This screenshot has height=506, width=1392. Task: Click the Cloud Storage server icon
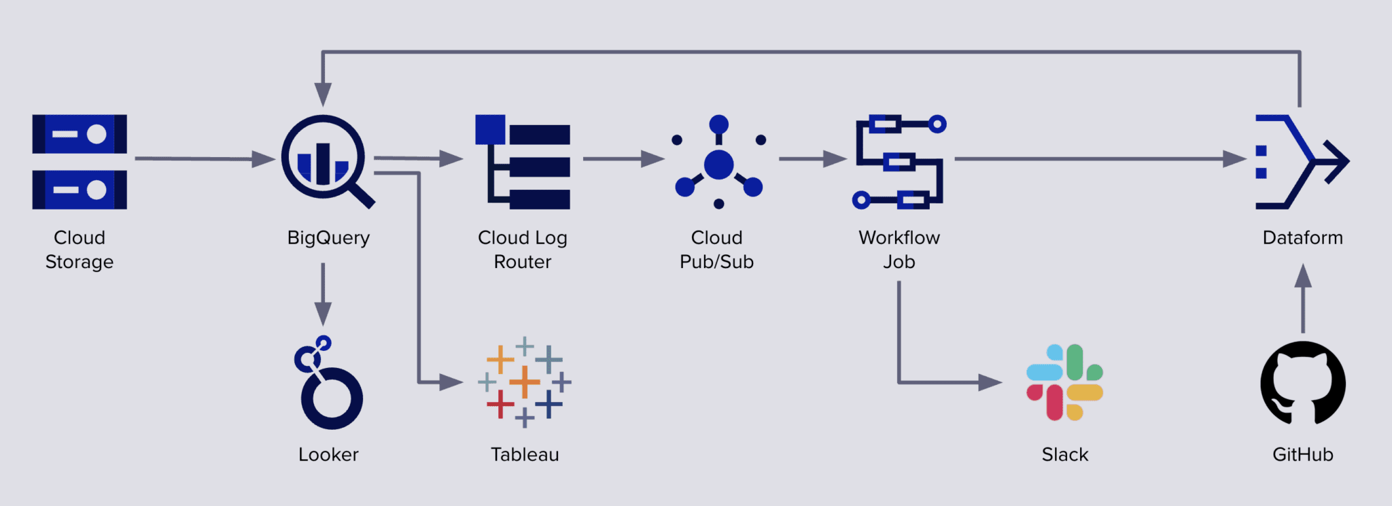point(80,162)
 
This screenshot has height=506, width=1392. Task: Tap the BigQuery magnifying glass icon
point(324,159)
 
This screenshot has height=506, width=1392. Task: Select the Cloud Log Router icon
point(523,162)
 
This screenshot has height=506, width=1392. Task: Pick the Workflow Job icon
point(899,162)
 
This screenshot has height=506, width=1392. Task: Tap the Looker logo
point(328,384)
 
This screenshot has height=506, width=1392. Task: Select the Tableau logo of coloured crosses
point(525,382)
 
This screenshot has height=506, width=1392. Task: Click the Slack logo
point(1064,382)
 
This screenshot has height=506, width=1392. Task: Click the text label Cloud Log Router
point(523,250)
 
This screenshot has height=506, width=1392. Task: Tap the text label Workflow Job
point(899,250)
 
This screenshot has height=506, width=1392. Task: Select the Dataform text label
point(1302,238)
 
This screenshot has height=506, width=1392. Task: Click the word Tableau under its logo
point(525,454)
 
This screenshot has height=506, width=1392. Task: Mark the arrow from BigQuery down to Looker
point(323,292)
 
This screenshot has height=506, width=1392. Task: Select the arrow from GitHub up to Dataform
point(1302,299)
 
